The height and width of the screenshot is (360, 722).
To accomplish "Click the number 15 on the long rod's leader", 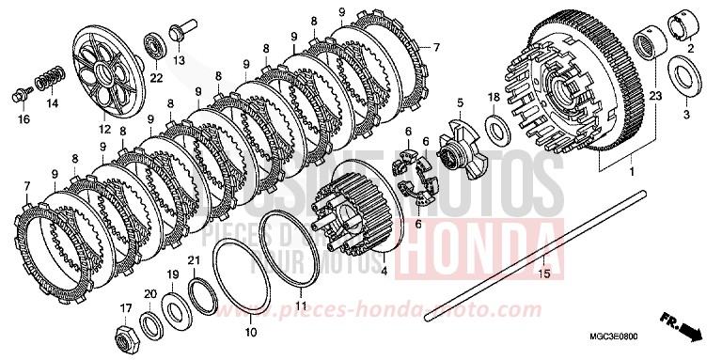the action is click(542, 273).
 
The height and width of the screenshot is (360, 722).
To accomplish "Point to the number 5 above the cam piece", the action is click(460, 102).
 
